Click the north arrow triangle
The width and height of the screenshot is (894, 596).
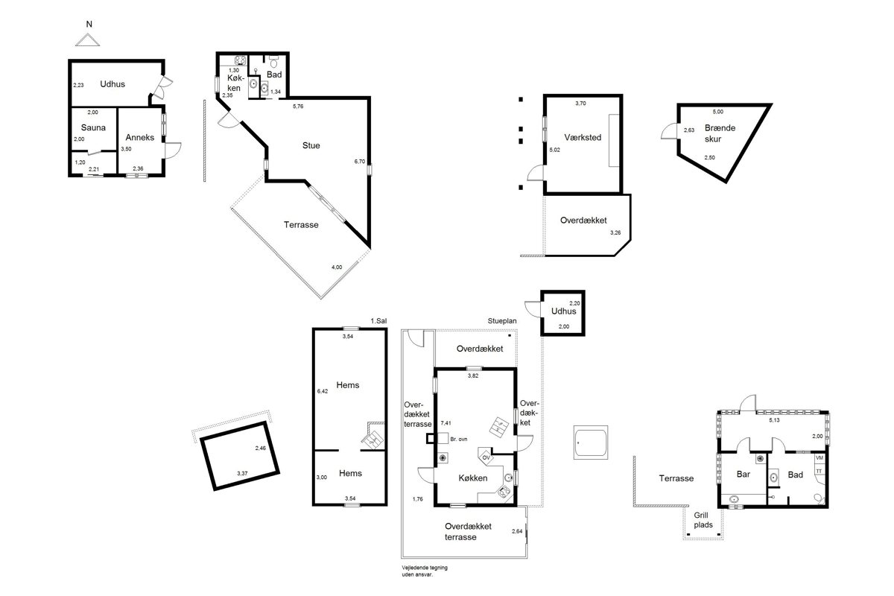[x=87, y=40]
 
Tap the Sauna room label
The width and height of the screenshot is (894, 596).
[x=93, y=127]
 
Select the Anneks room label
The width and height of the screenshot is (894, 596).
[x=140, y=137]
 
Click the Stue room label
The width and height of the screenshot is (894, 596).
[x=311, y=146]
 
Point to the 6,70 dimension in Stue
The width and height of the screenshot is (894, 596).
[x=360, y=162]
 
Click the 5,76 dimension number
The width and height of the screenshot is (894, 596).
[x=298, y=107]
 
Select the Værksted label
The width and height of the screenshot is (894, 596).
[x=583, y=137]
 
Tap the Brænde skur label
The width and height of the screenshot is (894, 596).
[x=720, y=133]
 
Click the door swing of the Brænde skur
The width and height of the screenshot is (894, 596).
[x=669, y=131]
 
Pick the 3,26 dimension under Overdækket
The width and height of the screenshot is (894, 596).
[x=615, y=232]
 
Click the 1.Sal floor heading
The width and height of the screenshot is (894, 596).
[x=378, y=321]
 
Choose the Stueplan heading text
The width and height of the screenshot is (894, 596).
[x=502, y=321]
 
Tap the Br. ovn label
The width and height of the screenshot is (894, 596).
[x=459, y=439]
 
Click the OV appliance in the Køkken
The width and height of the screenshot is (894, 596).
[x=486, y=457]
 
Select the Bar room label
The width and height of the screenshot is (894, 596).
[x=744, y=475]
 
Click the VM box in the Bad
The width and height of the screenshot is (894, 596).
[x=819, y=458]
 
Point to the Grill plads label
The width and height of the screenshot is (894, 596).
[x=703, y=520]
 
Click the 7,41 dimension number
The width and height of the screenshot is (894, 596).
[x=446, y=423]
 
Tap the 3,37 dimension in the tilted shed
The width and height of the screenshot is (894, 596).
[x=242, y=473]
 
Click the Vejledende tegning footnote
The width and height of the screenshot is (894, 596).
[x=425, y=571]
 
